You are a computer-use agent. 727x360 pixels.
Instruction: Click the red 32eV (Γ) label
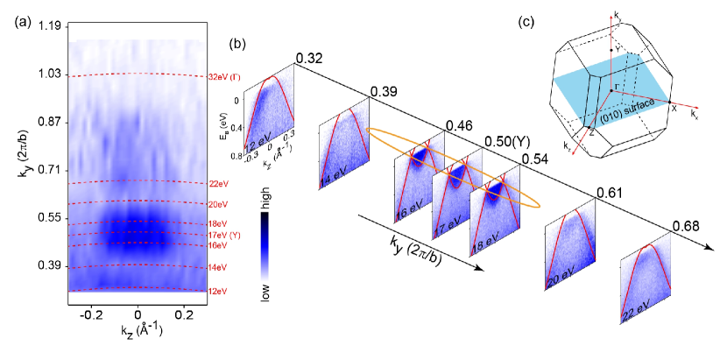coord(225,77)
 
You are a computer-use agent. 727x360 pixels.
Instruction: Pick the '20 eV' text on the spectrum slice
coord(561,279)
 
